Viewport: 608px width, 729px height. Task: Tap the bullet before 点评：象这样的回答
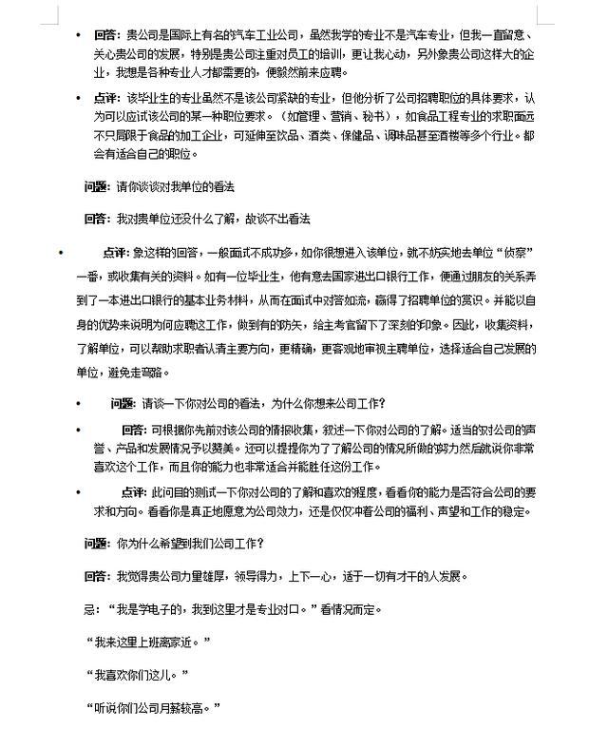[x=59, y=254]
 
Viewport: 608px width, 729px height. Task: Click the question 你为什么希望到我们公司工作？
[x=190, y=545]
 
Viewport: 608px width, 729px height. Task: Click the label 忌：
[x=91, y=609]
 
